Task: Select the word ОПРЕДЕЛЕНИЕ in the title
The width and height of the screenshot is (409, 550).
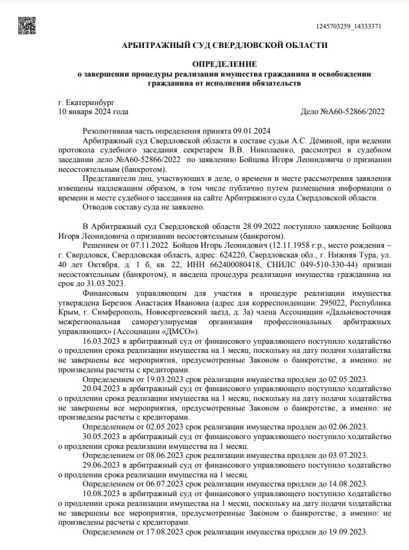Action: pos(224,64)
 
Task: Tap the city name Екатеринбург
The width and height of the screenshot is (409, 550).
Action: pos(86,102)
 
